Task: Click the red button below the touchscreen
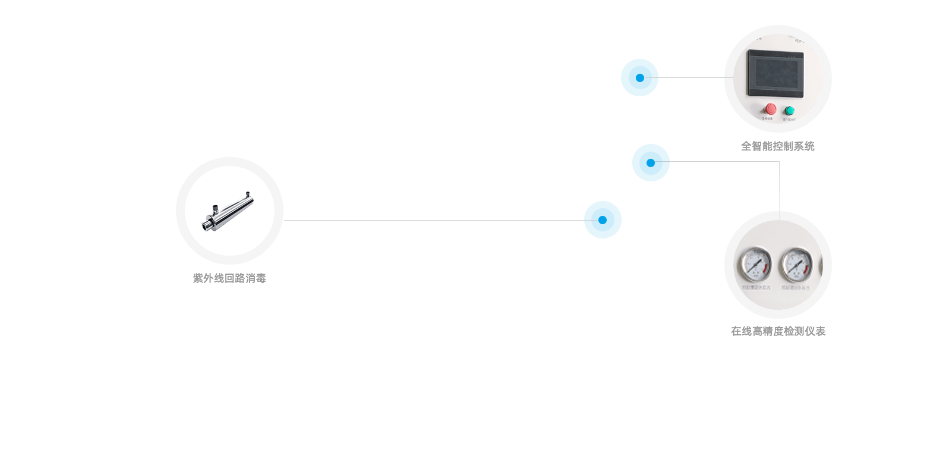[770, 109]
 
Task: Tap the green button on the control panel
[789, 111]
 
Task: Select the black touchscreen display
[775, 71]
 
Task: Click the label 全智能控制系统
[777, 146]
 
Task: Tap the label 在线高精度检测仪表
[778, 331]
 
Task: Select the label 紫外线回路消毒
[229, 278]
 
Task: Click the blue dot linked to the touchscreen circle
[639, 77]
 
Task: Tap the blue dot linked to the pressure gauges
[651, 162]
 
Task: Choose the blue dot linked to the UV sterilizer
[603, 219]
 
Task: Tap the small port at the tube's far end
[247, 193]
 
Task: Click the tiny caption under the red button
[768, 119]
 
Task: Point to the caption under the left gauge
[756, 288]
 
